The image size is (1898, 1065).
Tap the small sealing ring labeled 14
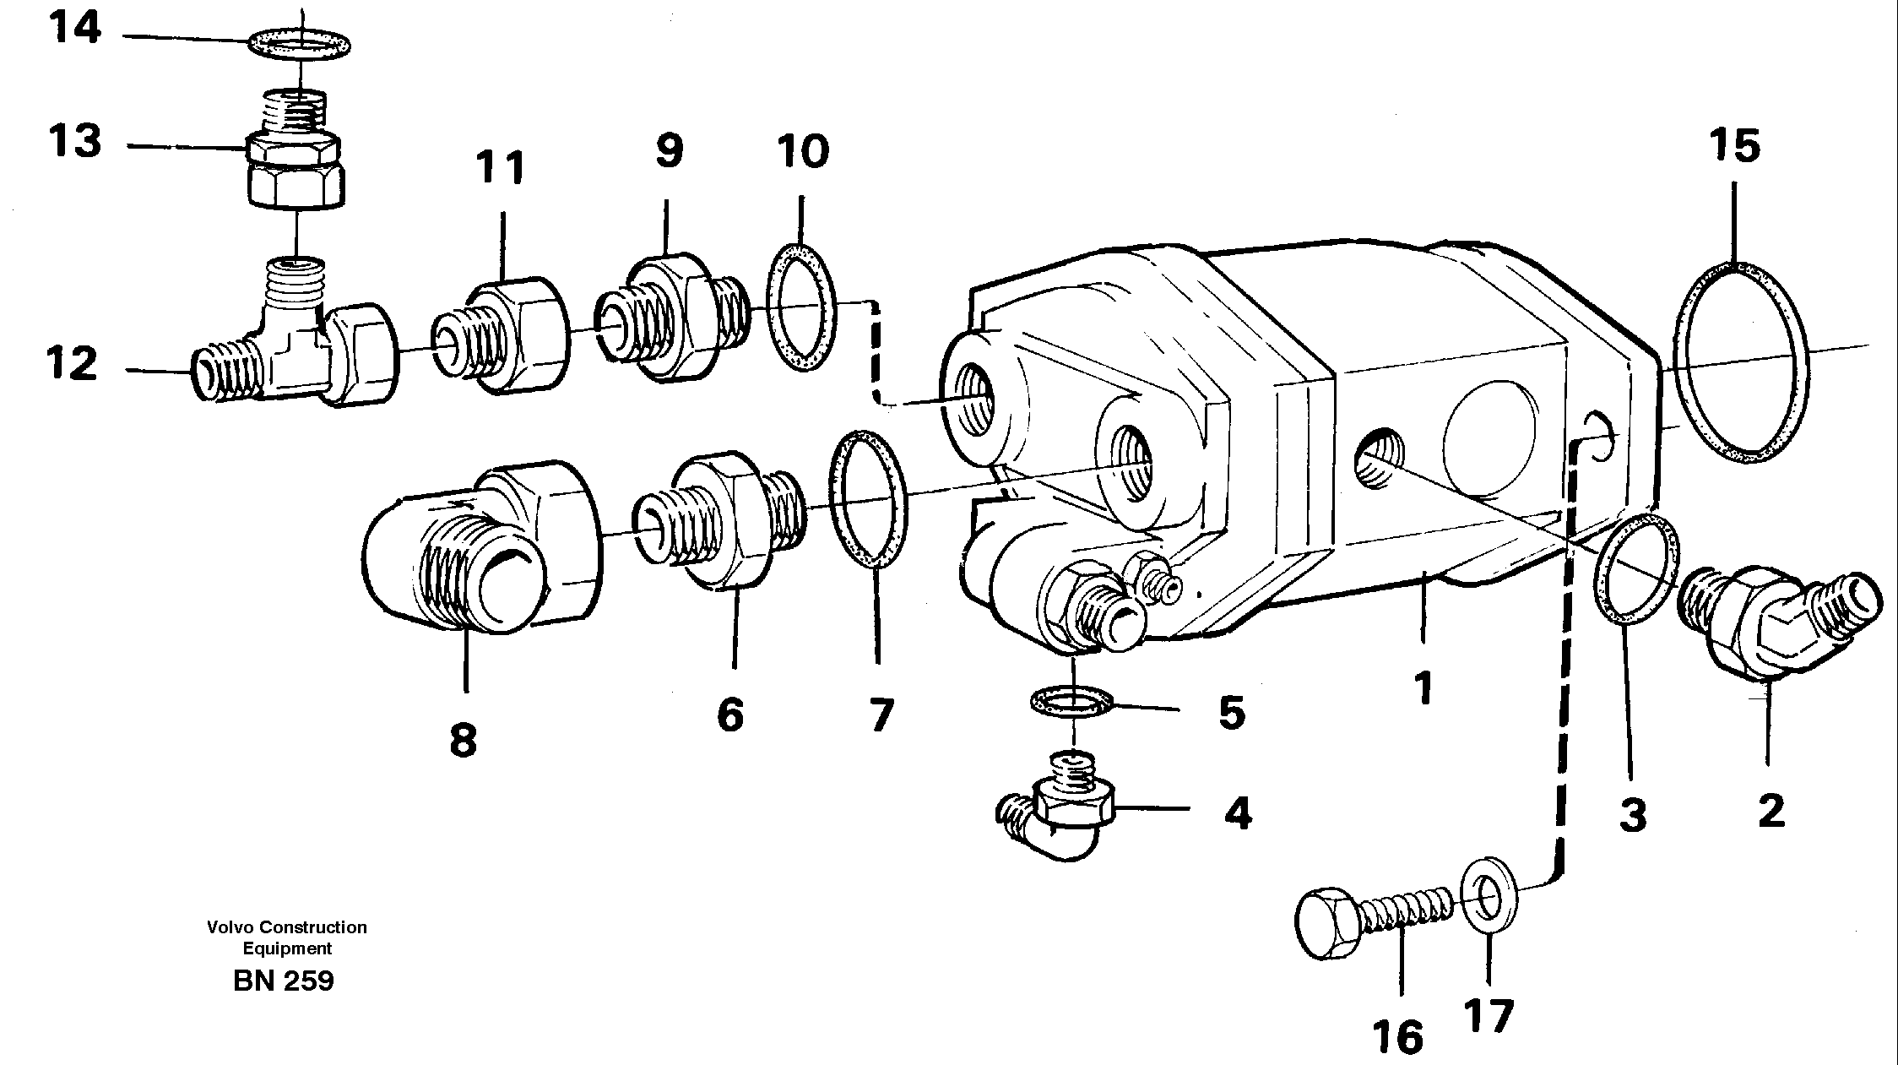(x=300, y=41)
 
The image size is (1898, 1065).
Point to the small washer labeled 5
(x=1071, y=701)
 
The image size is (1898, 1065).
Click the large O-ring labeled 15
(x=1740, y=362)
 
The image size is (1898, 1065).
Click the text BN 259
(x=284, y=981)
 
